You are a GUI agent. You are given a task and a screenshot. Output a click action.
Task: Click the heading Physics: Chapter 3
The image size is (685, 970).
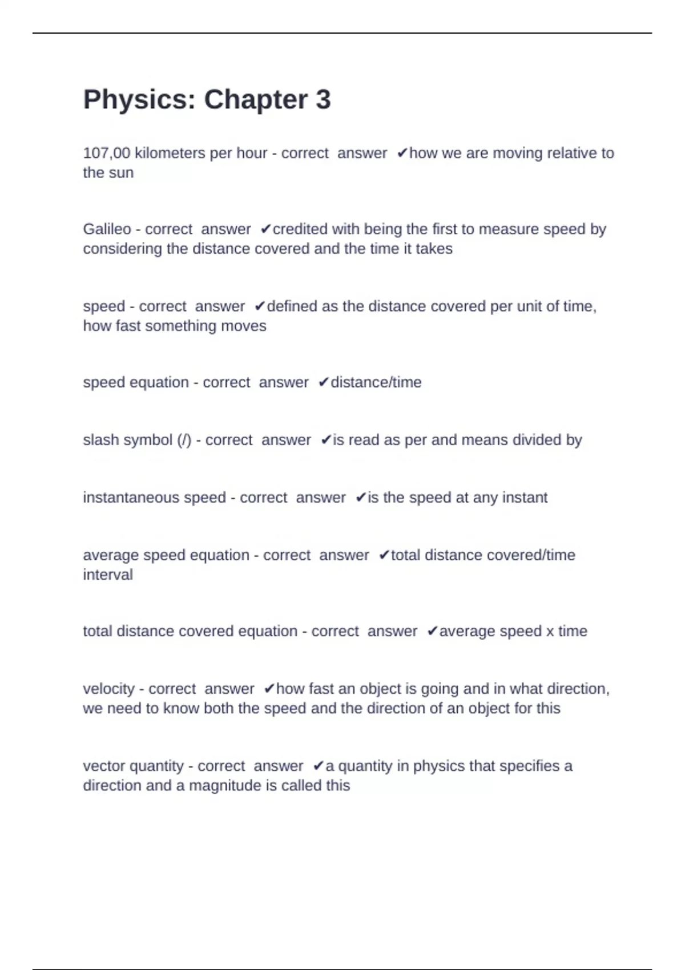coord(207,100)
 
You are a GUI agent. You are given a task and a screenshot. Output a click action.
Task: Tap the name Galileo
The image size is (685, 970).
coord(107,229)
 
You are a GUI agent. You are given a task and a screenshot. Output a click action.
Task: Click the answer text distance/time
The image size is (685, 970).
coord(376,382)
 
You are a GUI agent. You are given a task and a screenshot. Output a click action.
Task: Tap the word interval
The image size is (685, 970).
coord(108,575)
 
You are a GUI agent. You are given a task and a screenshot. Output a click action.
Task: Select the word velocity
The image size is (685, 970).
coord(108,689)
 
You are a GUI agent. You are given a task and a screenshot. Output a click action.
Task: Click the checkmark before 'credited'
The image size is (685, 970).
coord(265,229)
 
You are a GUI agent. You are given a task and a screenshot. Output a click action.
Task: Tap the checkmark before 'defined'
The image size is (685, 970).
coord(260,306)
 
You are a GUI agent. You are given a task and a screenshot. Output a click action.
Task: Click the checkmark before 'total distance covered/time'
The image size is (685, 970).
coord(384,555)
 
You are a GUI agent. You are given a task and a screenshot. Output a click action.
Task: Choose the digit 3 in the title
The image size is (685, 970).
coord(323,100)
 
